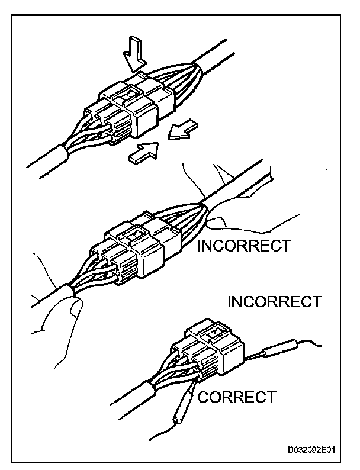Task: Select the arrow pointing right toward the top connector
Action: pos(142,153)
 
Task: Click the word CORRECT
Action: pos(236,397)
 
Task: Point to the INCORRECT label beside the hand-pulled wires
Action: pos(243,245)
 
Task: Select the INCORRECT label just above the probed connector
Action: pos(274,302)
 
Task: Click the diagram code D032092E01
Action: pos(311,449)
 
